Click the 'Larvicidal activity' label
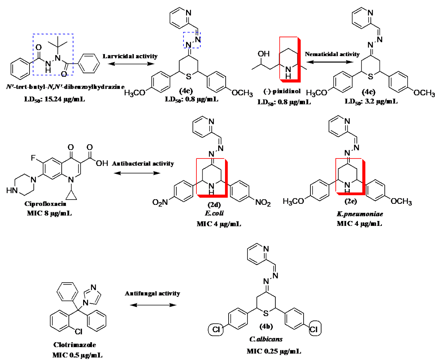point(130,56)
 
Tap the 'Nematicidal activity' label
point(332,54)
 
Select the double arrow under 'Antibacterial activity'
point(137,173)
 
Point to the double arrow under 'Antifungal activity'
point(153,305)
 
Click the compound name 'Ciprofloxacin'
point(45,204)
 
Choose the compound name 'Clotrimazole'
point(75,345)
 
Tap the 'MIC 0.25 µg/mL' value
point(274,351)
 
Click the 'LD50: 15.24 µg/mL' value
point(55,99)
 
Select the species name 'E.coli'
point(214,213)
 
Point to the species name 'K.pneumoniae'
point(355,214)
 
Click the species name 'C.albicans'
point(266,339)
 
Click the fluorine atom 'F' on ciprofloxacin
point(33,158)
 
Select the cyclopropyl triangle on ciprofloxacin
point(71,195)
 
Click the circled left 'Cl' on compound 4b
point(216,330)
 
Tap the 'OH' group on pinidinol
point(264,54)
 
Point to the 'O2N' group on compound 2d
point(160,203)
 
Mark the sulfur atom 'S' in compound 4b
point(266,313)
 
